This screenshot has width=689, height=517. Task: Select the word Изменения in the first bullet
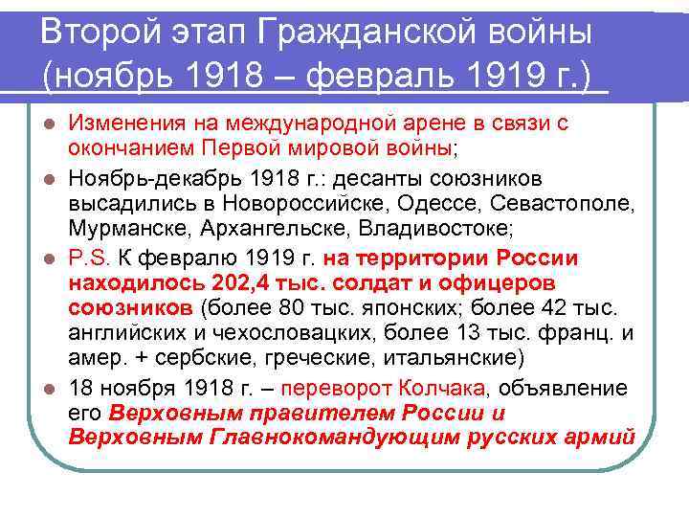coord(130,124)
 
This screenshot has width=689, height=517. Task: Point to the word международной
coord(322,124)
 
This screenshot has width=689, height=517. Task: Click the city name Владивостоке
coord(424,229)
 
